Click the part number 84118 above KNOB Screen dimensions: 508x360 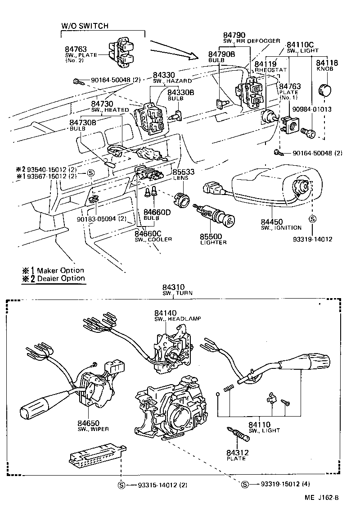click(x=326, y=63)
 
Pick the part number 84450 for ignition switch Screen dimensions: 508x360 click(x=274, y=222)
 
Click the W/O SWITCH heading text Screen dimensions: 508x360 click(x=85, y=26)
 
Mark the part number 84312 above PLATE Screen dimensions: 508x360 click(x=237, y=452)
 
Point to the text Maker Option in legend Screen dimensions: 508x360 click(x=60, y=270)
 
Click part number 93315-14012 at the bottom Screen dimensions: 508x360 click(x=152, y=485)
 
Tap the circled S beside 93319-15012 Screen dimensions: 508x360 click(x=245, y=485)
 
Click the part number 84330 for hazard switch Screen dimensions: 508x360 click(x=163, y=75)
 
